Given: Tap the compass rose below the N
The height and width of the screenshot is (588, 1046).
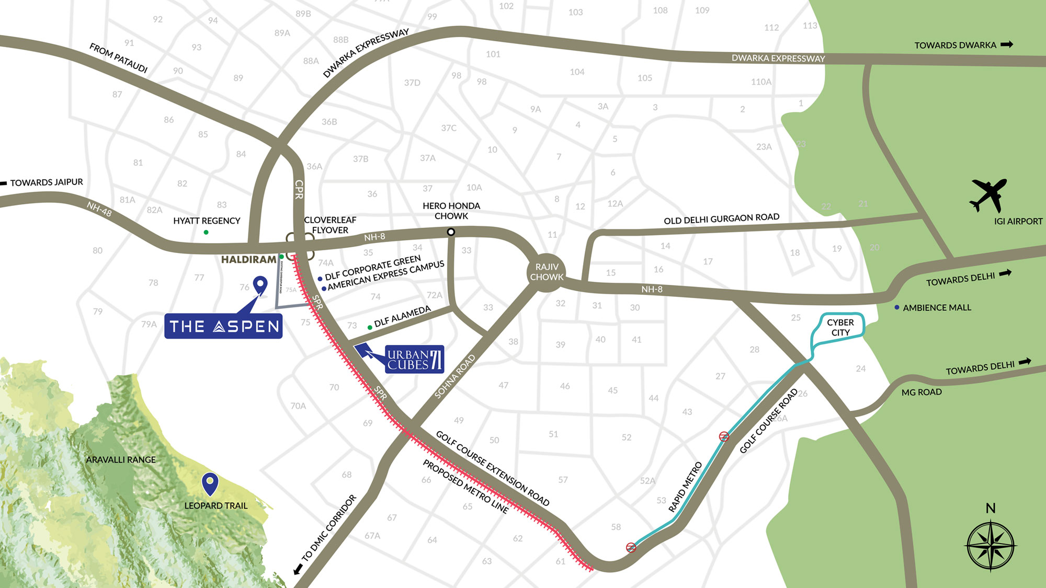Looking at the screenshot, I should (991, 546).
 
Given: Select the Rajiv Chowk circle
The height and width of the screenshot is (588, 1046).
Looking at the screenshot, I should (547, 272).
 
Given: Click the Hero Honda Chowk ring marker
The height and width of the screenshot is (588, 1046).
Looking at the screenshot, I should (451, 232).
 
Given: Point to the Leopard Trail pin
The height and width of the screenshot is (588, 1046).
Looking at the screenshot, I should (210, 483).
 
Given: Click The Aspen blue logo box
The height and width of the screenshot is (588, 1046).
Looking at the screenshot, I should (223, 326).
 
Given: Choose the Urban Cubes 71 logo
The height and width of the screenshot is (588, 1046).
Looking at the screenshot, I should (414, 359).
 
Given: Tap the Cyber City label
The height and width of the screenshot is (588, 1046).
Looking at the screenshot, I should (840, 328).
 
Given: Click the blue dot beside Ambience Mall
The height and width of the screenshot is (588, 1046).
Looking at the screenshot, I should (897, 307).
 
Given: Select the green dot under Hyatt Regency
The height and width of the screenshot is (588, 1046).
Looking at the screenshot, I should (206, 232).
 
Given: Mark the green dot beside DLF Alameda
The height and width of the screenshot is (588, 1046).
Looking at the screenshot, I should (370, 328).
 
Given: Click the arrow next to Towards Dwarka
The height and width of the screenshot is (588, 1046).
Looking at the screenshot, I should (1007, 45).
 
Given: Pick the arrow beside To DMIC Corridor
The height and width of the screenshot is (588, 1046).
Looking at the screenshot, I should (298, 569).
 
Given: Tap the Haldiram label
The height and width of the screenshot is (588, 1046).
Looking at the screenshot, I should (248, 259).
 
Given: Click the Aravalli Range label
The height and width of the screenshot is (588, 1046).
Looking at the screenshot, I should (121, 459).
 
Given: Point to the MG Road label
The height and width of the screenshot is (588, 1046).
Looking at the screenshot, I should (922, 392).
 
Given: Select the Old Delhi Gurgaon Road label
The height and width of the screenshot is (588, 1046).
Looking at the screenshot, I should (721, 218).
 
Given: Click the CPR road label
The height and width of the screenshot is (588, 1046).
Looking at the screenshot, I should (299, 189).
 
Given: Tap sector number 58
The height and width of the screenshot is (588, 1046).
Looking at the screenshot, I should (616, 527).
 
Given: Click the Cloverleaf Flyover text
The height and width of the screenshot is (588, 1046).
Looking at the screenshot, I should (330, 225).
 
